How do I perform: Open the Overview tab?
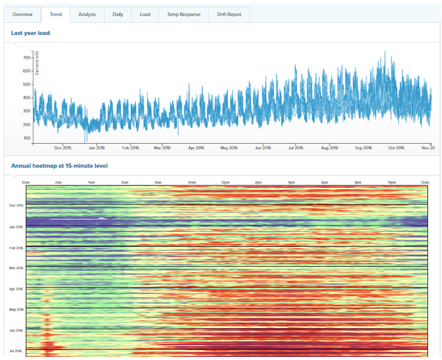[x=22, y=14]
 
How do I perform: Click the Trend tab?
[x=55, y=14]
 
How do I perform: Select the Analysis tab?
[x=87, y=14]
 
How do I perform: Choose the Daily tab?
[x=117, y=14]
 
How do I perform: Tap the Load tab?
[x=145, y=14]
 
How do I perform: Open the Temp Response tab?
[x=184, y=14]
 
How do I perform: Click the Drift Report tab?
[x=229, y=14]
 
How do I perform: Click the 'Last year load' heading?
[x=31, y=33]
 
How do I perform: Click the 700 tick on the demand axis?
[x=26, y=57]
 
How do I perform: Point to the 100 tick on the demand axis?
[x=26, y=138]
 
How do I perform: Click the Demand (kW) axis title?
[x=37, y=63]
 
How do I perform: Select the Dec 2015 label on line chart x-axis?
[x=63, y=147]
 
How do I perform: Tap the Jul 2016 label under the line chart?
[x=295, y=147]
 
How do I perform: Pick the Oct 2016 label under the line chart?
[x=397, y=147]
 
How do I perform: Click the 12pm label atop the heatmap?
[x=225, y=182]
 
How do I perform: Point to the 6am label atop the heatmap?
[x=126, y=182]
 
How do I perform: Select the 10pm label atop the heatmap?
[x=391, y=182]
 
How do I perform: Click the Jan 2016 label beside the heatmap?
[x=15, y=227]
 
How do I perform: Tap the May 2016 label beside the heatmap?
[x=15, y=310]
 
